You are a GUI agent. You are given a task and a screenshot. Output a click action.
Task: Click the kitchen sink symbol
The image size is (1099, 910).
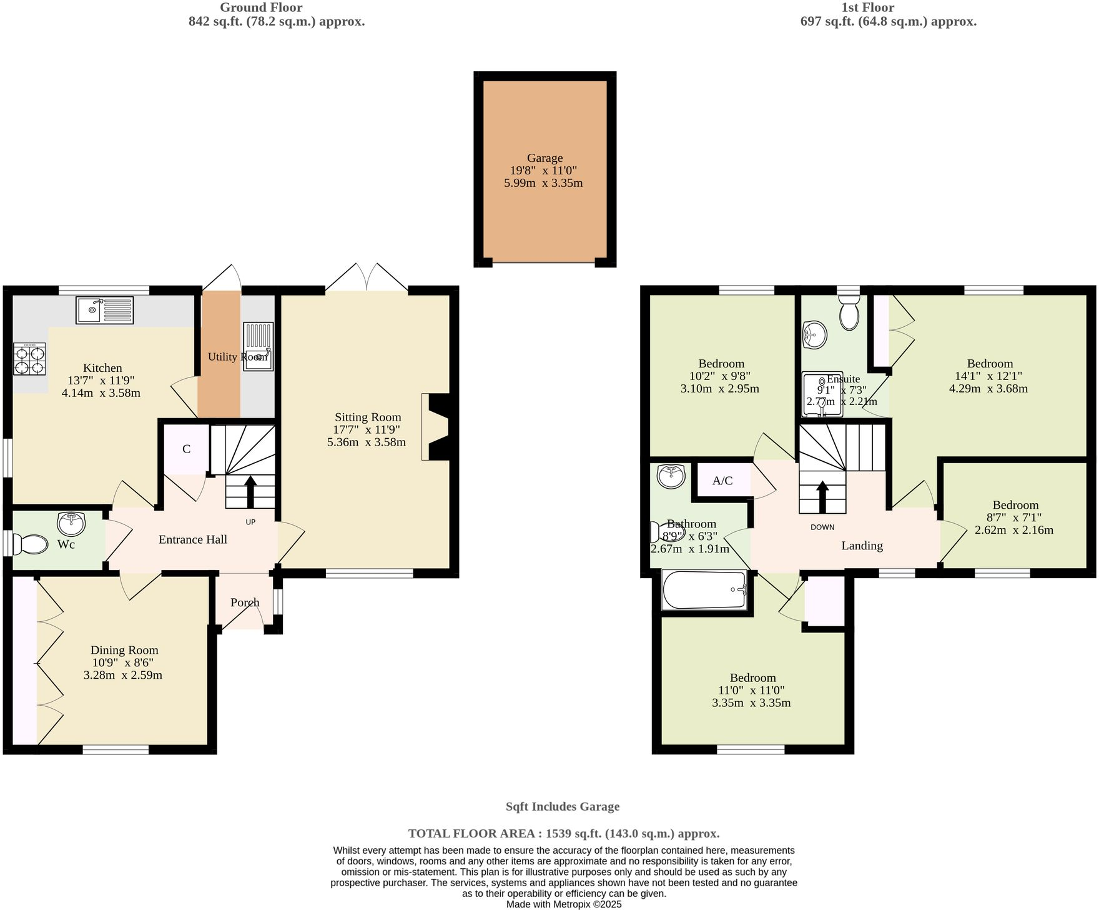(x=104, y=310)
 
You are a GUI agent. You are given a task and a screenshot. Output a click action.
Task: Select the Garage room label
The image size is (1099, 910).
(x=545, y=158)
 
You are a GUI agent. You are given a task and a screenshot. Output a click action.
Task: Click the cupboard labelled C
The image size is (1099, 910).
(x=186, y=449)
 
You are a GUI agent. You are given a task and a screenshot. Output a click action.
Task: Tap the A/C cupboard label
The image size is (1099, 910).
(x=722, y=481)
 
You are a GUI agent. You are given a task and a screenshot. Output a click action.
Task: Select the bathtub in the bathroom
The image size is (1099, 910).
(x=705, y=590)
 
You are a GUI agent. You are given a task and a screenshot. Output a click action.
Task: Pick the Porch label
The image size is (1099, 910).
(x=245, y=602)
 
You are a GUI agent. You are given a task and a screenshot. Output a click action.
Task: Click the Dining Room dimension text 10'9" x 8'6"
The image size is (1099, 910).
(x=122, y=662)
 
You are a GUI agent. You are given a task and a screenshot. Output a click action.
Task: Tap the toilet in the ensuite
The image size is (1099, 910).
(x=849, y=312)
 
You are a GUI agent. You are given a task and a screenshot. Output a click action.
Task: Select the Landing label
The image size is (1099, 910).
(x=862, y=546)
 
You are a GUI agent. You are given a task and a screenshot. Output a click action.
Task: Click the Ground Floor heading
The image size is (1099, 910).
(x=261, y=7)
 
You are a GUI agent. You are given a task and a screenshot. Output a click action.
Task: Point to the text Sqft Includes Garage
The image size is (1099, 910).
(x=562, y=806)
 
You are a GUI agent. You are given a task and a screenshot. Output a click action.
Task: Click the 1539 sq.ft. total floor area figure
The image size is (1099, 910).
(x=573, y=833)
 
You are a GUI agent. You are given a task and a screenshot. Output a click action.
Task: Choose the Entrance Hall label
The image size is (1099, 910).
(x=192, y=539)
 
